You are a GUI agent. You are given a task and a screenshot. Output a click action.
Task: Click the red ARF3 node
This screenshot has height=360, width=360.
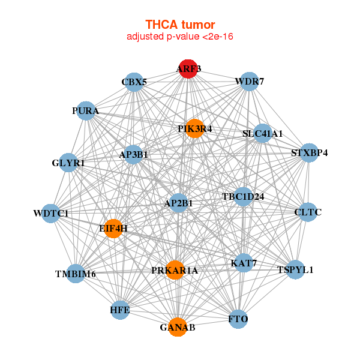tap(188, 69)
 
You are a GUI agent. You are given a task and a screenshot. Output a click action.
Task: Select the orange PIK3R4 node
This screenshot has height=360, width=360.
tap(194, 128)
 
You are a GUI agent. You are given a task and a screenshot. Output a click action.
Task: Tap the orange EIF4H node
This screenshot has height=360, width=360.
tap(113, 229)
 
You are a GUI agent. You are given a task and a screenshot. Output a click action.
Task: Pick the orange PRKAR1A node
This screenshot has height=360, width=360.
tap(175, 270)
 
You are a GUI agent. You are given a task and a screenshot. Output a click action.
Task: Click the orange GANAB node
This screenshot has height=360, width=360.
tap(178, 327)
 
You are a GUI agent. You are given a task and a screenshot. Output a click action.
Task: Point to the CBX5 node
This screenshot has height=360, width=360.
tap(134, 82)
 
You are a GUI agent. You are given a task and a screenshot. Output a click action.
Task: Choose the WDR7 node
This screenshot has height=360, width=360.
tap(250, 81)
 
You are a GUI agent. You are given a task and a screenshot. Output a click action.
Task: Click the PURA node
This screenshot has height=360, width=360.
tap(86, 110)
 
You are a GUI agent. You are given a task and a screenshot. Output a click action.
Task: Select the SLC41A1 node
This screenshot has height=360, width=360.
tap(262, 133)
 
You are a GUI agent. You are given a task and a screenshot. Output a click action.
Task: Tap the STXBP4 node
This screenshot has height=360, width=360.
tap(309, 152)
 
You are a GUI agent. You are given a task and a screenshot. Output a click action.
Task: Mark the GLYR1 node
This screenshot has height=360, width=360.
tap(68, 163)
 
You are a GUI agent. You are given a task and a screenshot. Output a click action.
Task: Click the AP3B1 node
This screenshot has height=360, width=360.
tap(133, 155)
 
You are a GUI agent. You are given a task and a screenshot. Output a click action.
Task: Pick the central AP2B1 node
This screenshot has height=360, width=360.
tap(179, 203)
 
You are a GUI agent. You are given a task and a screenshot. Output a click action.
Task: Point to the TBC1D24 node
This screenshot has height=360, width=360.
tap(243, 197)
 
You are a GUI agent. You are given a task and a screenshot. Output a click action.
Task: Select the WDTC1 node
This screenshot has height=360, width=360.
tap(51, 213)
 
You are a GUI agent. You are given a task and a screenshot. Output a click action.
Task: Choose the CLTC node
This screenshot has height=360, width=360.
tap(308, 212)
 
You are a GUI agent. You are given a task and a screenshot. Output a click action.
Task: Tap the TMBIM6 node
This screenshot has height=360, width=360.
tap(76, 274)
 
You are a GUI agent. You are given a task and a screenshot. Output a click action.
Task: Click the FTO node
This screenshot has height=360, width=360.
tap(238, 319)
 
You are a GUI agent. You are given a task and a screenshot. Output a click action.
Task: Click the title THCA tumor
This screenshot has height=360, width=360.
tap(180, 25)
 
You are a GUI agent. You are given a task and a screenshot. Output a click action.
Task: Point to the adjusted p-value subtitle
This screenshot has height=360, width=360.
tap(180, 37)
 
